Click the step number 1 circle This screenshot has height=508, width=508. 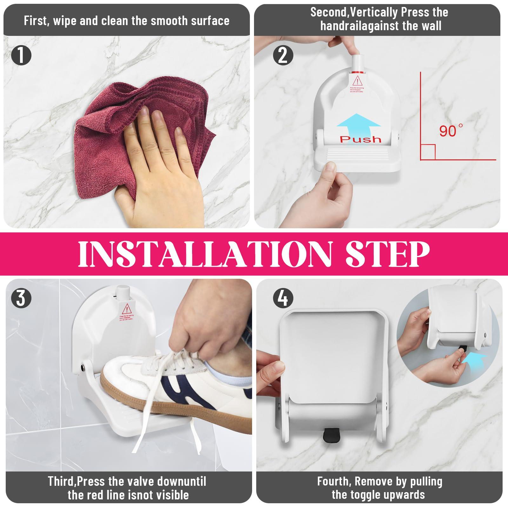pyautogui.click(x=21, y=55)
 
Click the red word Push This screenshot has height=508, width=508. pyautogui.click(x=360, y=139)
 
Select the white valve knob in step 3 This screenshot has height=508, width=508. pyautogui.click(x=123, y=291)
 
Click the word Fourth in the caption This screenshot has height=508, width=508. pyautogui.click(x=334, y=482)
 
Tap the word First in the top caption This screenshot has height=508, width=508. pyautogui.click(x=36, y=21)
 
